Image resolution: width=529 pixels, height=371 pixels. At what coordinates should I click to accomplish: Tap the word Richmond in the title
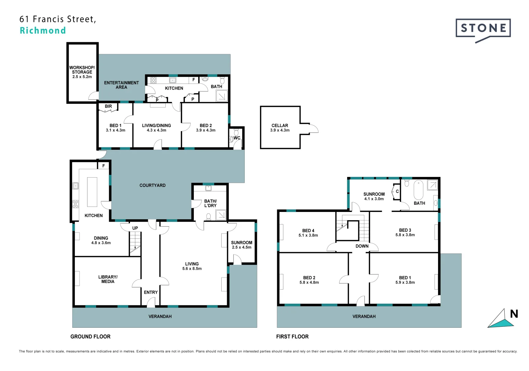click(43, 31)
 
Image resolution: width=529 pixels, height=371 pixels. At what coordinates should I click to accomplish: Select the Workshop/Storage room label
click(82, 72)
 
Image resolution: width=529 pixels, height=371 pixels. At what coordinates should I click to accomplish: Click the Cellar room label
click(280, 128)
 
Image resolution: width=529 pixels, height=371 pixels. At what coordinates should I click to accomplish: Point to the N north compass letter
click(514, 314)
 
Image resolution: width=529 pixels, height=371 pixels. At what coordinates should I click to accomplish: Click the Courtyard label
click(153, 185)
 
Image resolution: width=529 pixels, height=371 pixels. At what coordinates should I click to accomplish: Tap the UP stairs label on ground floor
click(135, 228)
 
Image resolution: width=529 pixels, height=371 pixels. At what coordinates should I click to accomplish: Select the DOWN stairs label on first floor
click(362, 246)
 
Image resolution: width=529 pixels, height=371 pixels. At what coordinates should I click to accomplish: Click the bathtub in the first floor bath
click(418, 190)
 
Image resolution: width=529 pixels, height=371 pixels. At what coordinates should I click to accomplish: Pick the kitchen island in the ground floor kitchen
click(92, 192)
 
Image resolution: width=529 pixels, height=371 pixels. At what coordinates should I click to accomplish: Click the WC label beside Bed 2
click(237, 138)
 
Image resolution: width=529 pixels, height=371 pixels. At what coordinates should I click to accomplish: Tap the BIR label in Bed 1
click(108, 106)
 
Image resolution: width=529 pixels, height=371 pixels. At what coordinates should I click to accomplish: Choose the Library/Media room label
click(108, 279)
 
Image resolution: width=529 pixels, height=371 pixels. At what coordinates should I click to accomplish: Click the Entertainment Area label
click(121, 85)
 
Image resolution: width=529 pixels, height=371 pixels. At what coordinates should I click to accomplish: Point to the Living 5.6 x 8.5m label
click(192, 266)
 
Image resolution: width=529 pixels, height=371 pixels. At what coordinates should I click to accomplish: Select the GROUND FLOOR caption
click(91, 337)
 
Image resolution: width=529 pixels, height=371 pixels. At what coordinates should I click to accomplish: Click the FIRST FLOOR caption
click(292, 337)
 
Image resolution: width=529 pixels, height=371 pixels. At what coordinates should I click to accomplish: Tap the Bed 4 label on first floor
click(308, 233)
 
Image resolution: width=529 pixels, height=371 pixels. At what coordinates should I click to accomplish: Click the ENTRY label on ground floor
click(151, 292)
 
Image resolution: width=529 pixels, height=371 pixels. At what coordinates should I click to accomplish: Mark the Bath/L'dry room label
click(210, 203)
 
